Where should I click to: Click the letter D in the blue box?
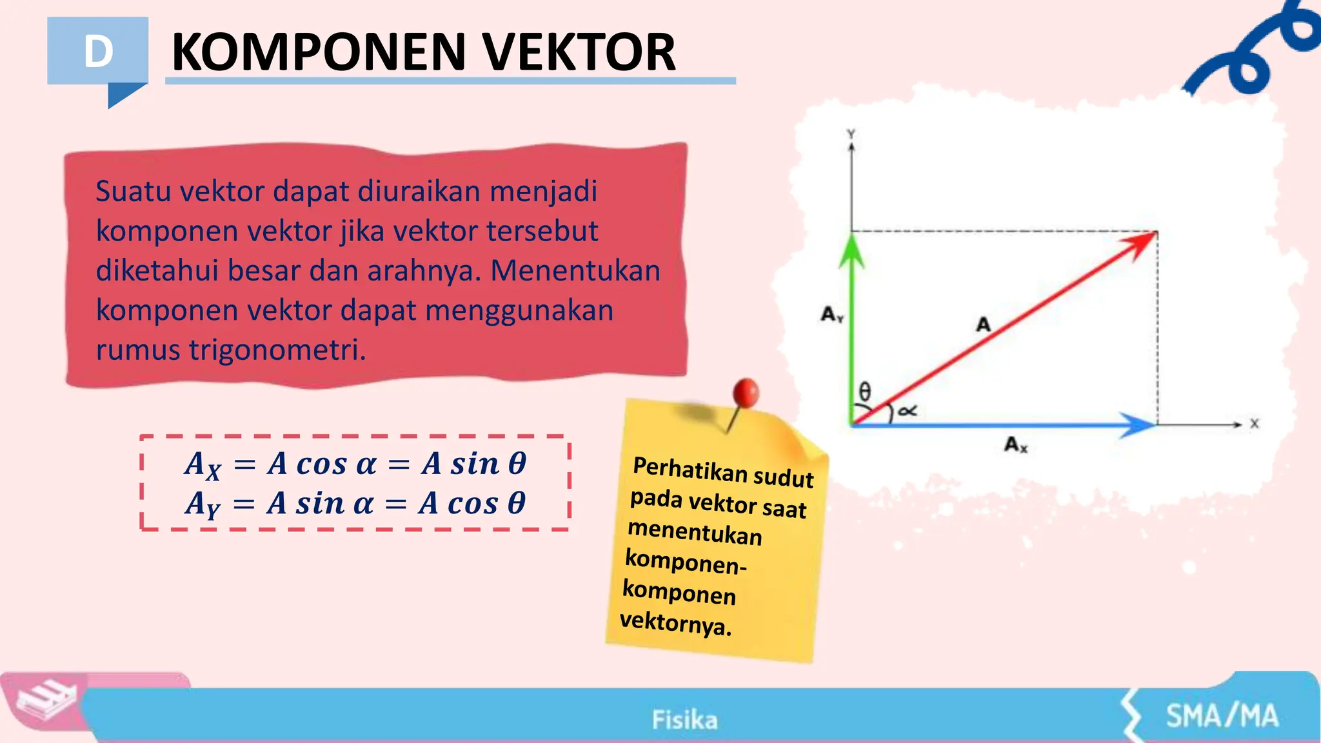point(98,52)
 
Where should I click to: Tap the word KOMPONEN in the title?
point(319,52)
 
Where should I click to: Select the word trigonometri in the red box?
point(277,350)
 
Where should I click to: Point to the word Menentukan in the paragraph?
point(575,271)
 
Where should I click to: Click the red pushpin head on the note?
point(746,391)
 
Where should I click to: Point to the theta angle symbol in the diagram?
point(865,391)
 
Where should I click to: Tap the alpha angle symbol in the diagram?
point(907,410)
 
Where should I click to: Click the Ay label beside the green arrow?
point(831,315)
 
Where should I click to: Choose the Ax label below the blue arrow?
point(1015,444)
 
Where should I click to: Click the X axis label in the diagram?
point(1255,424)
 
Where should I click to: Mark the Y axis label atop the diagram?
point(851,134)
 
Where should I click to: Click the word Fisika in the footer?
point(684,720)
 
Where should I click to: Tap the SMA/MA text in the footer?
point(1222,716)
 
